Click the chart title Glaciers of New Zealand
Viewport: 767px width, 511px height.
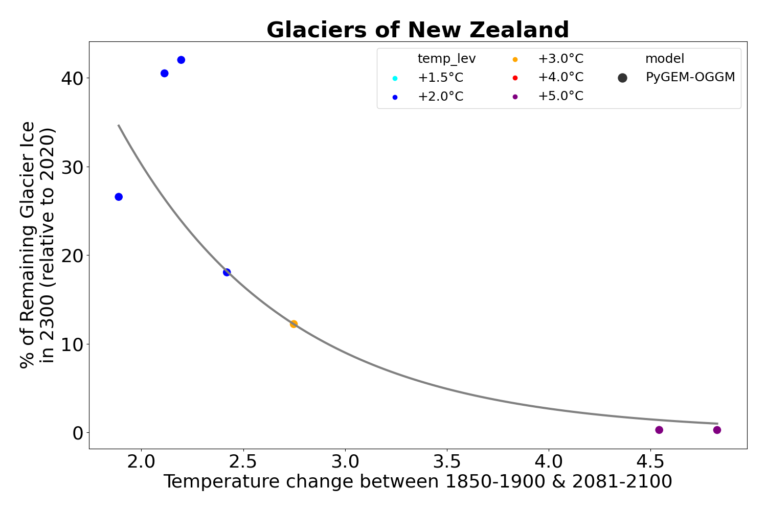click(418, 30)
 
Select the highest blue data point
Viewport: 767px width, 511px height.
click(181, 60)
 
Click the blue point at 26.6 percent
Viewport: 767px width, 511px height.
click(119, 197)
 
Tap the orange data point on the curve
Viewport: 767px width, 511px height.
click(294, 324)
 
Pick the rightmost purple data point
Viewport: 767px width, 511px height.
click(717, 430)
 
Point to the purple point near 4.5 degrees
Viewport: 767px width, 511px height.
click(659, 430)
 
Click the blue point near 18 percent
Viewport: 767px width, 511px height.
click(227, 272)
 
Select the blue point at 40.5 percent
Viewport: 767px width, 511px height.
click(164, 73)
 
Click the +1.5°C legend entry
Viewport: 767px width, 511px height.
click(440, 78)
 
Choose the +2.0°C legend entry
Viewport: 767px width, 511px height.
click(440, 97)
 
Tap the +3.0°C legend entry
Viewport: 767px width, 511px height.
click(560, 59)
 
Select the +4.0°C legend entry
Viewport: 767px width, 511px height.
click(560, 78)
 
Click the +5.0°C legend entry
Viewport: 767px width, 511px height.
click(560, 97)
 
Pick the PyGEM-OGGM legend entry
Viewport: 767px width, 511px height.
click(690, 78)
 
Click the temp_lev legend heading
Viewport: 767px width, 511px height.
click(446, 59)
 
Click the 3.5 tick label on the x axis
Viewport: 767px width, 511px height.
click(447, 461)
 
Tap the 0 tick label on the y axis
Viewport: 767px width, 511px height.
click(78, 433)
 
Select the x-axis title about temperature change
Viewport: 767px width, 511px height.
click(418, 482)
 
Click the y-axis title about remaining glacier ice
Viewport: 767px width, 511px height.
click(37, 244)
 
